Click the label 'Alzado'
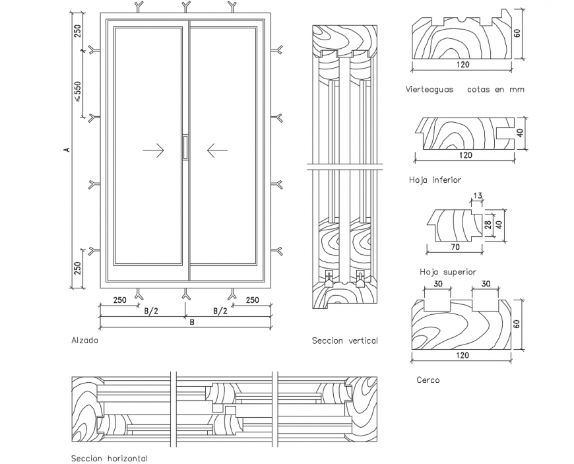[x=84, y=341]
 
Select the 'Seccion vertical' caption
[x=344, y=341]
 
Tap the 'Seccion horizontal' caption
[x=109, y=458]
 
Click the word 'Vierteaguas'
[x=430, y=89]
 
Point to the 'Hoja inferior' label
[x=435, y=180]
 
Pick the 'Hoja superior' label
[x=448, y=271]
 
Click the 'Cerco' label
[x=428, y=380]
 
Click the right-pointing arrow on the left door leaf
[x=153, y=151]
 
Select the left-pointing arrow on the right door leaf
[x=217, y=151]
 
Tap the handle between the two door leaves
[x=185, y=147]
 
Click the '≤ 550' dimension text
[x=77, y=92]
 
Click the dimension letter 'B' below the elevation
[x=192, y=323]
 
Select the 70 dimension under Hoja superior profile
[x=455, y=248]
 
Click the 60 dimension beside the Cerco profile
[x=517, y=323]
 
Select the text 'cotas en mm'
[x=495, y=89]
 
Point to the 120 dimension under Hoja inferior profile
[x=465, y=155]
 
